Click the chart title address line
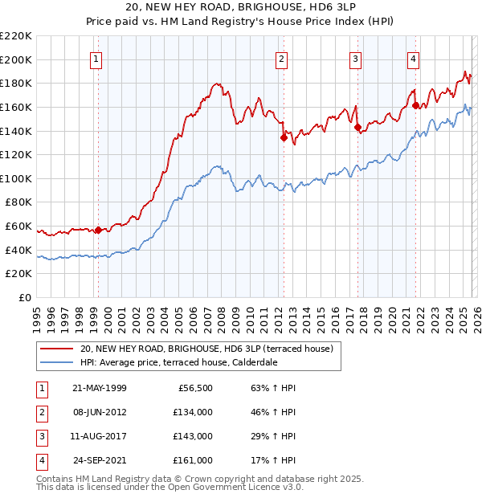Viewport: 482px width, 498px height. (241, 7)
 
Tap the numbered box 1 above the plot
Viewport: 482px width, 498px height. (96, 59)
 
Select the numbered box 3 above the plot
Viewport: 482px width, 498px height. (355, 59)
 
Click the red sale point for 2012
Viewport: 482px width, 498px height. (284, 137)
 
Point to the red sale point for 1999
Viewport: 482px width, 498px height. (98, 230)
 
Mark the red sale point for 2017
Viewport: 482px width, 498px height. (357, 126)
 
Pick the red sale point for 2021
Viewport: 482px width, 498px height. (415, 105)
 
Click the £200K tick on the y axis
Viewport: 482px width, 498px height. (18, 59)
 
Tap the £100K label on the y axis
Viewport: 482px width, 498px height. (18, 178)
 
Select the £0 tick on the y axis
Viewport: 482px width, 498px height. (24, 297)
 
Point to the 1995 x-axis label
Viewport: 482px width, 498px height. (37, 314)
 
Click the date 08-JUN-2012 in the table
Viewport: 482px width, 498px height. (100, 412)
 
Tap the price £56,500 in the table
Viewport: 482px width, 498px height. (194, 388)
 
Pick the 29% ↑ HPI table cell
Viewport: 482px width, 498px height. (274, 436)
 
